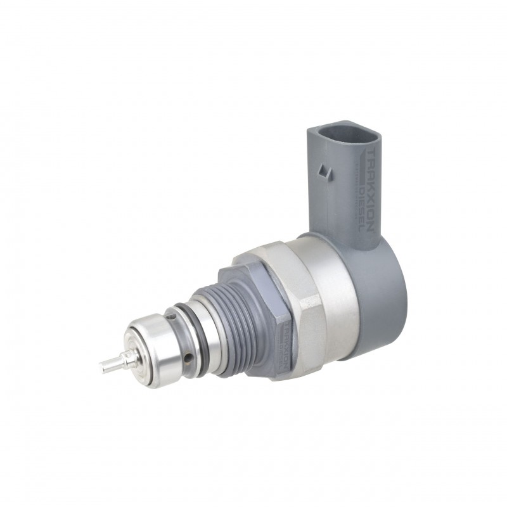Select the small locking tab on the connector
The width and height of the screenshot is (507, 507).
326,170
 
